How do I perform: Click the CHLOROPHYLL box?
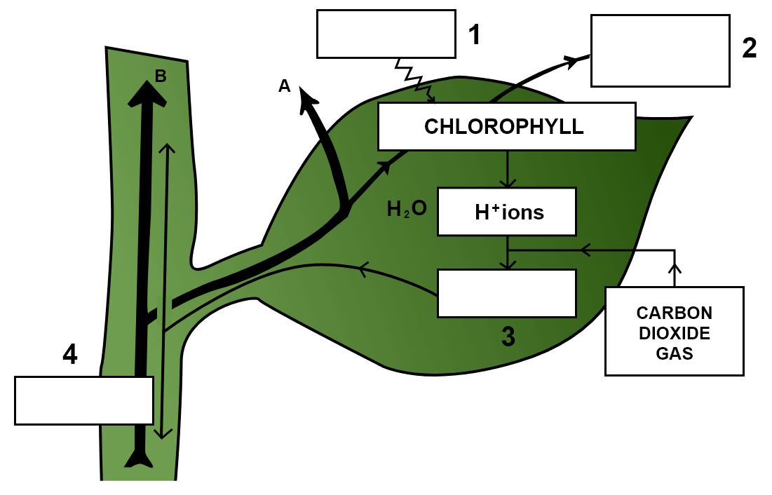point(506,126)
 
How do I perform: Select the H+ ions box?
point(507,211)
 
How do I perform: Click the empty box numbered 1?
point(386,34)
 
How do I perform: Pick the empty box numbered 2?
point(660,50)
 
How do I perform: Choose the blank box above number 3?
point(507,293)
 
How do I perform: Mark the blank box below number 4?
point(84,400)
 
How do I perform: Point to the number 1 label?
point(475,34)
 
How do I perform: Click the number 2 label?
point(750,48)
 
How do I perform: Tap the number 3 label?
point(508,337)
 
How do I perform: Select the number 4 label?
point(69,355)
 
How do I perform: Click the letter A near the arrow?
point(284,86)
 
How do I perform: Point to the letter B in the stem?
point(161,76)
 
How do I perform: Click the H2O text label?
point(407,209)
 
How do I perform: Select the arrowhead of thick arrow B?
point(147,92)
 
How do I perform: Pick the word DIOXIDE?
point(674,333)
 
